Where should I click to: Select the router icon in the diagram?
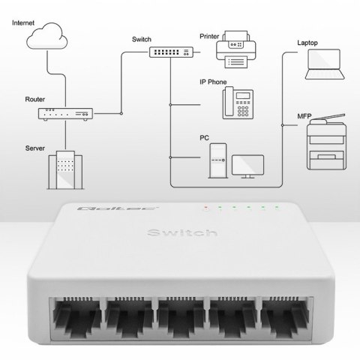click(x=66, y=114)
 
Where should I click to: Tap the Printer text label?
click(x=210, y=35)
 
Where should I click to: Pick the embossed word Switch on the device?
click(x=180, y=234)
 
